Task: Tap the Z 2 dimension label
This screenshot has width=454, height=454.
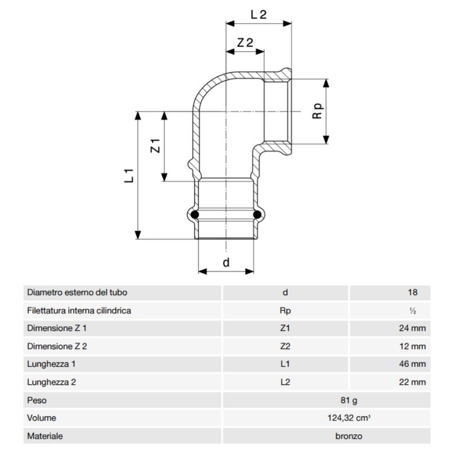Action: (245, 43)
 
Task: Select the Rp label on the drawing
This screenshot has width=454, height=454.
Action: (318, 111)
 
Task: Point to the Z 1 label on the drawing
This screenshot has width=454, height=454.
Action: (155, 145)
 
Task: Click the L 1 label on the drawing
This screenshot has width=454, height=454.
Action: (129, 175)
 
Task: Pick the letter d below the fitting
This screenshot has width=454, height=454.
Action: (225, 262)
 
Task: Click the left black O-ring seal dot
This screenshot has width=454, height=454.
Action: (195, 215)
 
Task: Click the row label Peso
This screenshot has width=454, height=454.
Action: (37, 400)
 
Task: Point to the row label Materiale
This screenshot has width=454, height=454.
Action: (45, 436)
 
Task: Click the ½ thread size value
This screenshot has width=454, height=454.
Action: (411, 310)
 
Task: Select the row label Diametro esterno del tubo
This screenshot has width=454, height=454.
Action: (77, 293)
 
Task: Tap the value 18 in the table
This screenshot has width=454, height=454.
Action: (411, 293)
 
